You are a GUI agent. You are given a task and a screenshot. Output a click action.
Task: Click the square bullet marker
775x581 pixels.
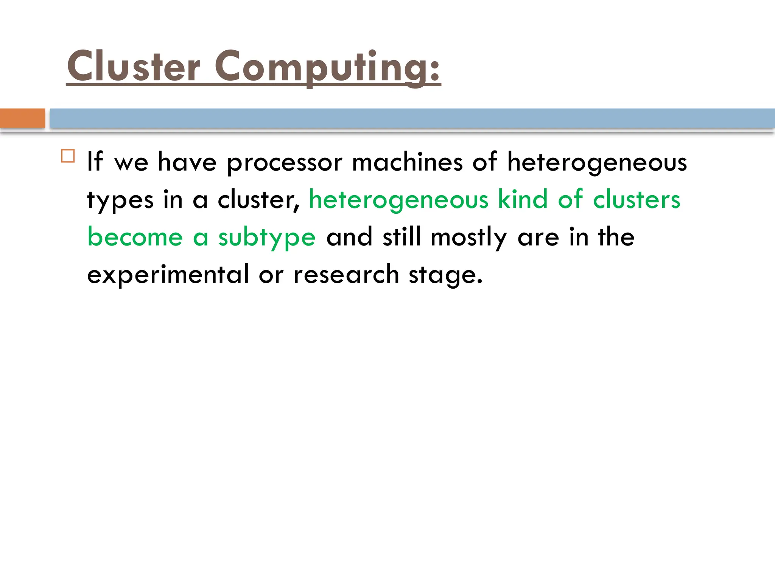pyautogui.click(x=68, y=156)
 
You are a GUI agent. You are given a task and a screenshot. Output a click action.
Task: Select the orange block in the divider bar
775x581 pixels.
pyautogui.click(x=22, y=118)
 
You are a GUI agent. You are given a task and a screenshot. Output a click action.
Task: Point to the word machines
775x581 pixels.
pyautogui.click(x=407, y=162)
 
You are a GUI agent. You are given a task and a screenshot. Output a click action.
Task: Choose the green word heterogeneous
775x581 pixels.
pyautogui.click(x=398, y=200)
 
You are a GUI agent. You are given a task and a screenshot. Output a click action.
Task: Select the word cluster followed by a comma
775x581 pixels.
pyautogui.click(x=258, y=200)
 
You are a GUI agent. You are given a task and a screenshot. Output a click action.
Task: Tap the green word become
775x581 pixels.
pyautogui.click(x=135, y=237)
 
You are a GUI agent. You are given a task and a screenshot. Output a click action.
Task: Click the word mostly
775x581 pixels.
pyautogui.click(x=468, y=238)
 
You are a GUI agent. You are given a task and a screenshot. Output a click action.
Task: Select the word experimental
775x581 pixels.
pyautogui.click(x=168, y=275)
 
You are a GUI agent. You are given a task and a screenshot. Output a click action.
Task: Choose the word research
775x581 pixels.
pyautogui.click(x=346, y=275)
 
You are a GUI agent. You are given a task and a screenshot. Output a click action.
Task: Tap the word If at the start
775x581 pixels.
pyautogui.click(x=95, y=162)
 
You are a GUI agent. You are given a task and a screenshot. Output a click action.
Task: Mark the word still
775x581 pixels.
pyautogui.click(x=402, y=237)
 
